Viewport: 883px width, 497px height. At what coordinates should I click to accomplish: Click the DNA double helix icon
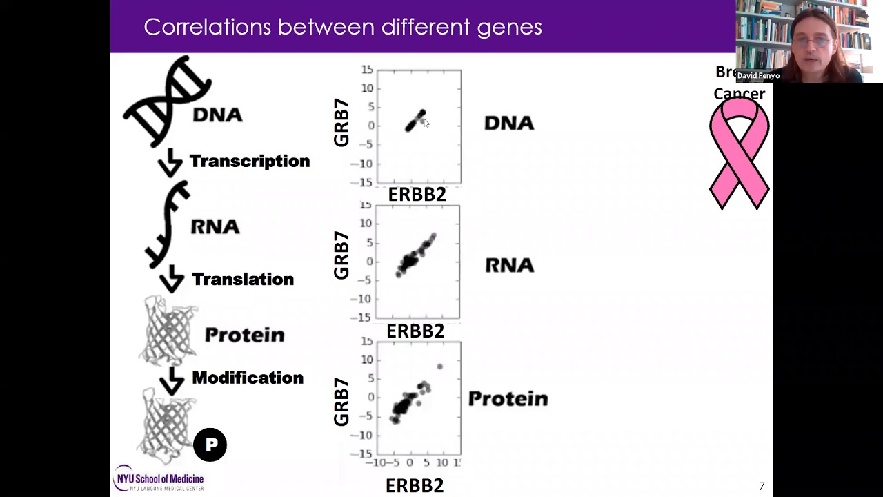(168, 101)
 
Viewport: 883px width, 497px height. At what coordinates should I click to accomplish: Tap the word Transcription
(249, 162)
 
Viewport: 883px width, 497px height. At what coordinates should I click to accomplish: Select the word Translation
(242, 280)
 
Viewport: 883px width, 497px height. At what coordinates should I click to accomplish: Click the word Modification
(247, 378)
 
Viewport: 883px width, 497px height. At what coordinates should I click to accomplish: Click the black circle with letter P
(210, 445)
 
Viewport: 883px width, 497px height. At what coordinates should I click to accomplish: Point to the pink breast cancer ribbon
(739, 155)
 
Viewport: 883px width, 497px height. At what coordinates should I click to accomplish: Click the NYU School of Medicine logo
(159, 478)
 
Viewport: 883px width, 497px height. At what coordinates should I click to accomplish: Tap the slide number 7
(762, 486)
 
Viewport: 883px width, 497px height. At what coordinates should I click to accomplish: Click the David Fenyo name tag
(758, 75)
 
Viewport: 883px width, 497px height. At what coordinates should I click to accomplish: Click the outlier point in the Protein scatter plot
(440, 367)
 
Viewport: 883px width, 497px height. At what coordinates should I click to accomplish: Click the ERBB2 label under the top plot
(417, 195)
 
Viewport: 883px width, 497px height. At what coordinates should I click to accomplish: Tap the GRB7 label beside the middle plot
(341, 255)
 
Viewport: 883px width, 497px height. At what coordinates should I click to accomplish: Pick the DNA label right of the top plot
(509, 124)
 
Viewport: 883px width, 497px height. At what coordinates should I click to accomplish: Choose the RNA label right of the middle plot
(510, 265)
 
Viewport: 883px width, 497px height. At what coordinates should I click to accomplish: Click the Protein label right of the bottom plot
(508, 399)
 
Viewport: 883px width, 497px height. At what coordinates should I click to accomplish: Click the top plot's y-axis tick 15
(366, 70)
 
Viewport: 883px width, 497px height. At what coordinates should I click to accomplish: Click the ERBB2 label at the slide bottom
(414, 486)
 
